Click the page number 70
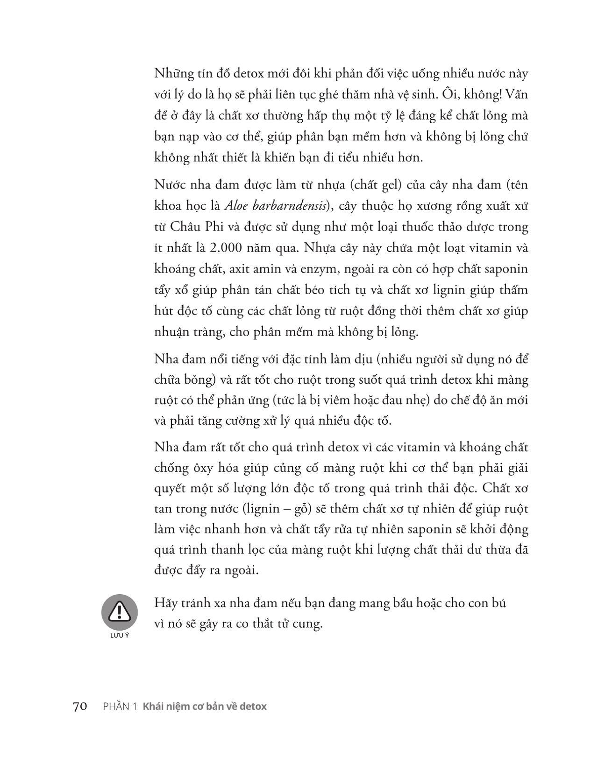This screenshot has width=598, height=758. click(80, 707)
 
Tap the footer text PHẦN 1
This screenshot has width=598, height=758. click(120, 707)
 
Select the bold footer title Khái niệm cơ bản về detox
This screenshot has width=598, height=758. click(205, 707)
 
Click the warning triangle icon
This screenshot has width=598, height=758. click(120, 611)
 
